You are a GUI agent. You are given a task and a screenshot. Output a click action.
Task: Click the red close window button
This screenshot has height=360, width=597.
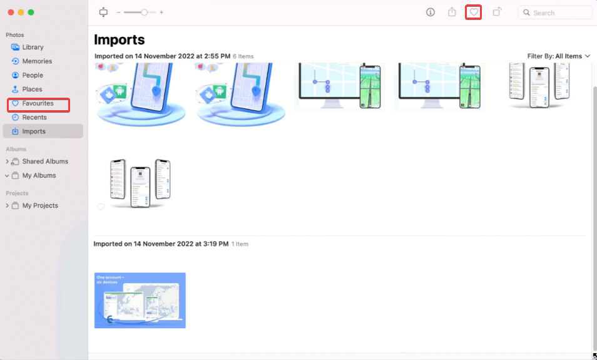coord(9,13)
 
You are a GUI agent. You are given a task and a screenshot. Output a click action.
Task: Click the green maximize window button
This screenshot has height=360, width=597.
coord(31,13)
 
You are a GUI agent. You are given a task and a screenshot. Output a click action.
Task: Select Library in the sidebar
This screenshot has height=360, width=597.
coord(33,47)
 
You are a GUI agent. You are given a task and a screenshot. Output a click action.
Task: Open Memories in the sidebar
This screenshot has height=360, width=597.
coord(37,61)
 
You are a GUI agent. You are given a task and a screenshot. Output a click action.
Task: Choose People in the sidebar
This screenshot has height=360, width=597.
coord(33,75)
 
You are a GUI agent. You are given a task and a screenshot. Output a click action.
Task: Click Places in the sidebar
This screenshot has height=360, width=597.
coord(32,89)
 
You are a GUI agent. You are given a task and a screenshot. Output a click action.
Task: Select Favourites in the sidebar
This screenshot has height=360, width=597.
coord(38,103)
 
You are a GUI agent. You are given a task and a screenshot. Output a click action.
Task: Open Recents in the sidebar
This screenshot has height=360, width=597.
coord(34,117)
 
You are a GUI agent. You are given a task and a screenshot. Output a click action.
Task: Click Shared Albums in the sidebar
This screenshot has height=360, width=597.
coord(45,162)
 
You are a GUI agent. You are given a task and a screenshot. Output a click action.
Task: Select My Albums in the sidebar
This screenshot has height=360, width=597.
coord(39,175)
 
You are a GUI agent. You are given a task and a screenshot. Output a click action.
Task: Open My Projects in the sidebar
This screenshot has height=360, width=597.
coord(40,205)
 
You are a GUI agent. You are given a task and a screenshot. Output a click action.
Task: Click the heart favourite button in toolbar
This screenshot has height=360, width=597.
coord(474,12)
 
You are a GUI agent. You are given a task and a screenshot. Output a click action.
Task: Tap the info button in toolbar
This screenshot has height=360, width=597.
coord(431,12)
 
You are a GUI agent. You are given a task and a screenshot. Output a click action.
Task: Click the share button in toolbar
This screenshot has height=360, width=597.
coord(452,12)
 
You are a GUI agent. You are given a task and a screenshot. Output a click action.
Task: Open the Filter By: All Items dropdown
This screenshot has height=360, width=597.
coord(559,56)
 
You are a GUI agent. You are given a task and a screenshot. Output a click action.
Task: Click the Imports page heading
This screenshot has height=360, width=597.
coord(120,39)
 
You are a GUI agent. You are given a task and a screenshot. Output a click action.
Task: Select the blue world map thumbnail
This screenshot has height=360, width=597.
coord(140,301)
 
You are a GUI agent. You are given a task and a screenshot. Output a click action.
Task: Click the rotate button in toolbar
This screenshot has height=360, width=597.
coord(497,12)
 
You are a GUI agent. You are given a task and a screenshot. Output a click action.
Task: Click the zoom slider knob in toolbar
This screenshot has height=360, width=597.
coord(145,12)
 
